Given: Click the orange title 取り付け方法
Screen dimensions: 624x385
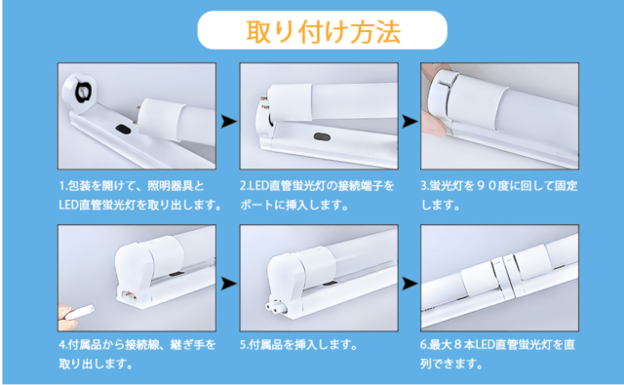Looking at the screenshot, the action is [323, 31].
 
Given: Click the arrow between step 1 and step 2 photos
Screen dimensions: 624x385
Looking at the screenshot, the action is [228, 121].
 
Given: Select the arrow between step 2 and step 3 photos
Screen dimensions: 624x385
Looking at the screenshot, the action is [409, 121].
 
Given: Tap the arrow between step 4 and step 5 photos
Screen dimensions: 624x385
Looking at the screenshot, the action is [228, 284].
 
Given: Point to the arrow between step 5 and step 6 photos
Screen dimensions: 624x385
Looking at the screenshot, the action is [409, 284].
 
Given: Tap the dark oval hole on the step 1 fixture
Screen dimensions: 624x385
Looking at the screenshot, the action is [124, 130].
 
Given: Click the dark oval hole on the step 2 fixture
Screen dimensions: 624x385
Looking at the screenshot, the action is [322, 137].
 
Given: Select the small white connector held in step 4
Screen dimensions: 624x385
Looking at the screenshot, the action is [79, 312].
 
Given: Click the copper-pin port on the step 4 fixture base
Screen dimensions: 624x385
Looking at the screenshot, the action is [129, 296].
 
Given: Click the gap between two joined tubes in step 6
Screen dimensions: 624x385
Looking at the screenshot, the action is [501, 279].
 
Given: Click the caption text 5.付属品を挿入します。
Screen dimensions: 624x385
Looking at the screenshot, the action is [298, 344].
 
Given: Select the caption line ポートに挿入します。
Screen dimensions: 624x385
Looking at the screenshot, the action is [294, 206].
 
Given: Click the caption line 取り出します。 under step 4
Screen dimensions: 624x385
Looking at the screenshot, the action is [96, 364].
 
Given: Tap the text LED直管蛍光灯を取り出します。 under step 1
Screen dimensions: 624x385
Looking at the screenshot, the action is [140, 206].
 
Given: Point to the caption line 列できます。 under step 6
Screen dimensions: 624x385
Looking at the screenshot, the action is [451, 364].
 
